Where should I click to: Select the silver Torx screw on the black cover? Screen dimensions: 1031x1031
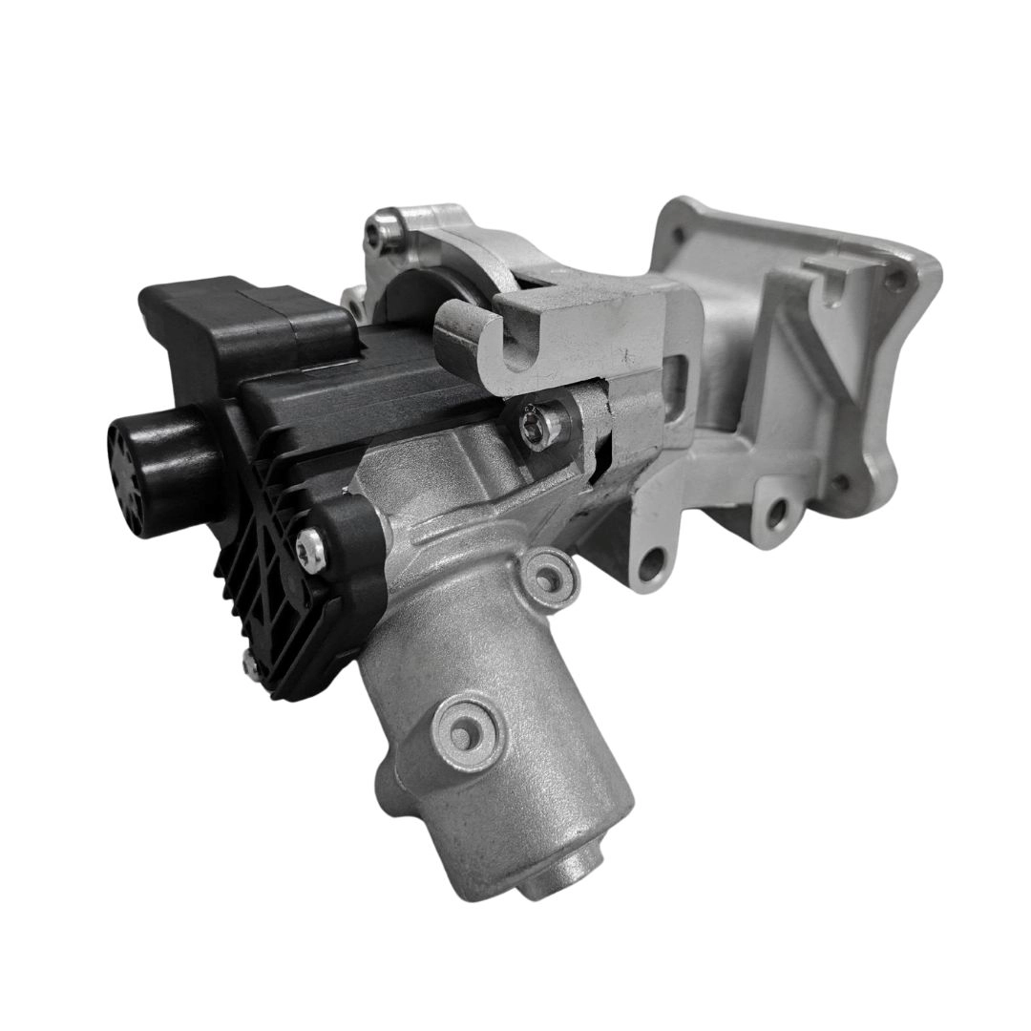click(x=307, y=545)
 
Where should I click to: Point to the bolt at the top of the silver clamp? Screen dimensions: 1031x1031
click(x=386, y=230)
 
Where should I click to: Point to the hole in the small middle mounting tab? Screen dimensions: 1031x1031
click(x=775, y=515)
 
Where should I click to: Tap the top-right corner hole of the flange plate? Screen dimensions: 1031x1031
click(x=894, y=280)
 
